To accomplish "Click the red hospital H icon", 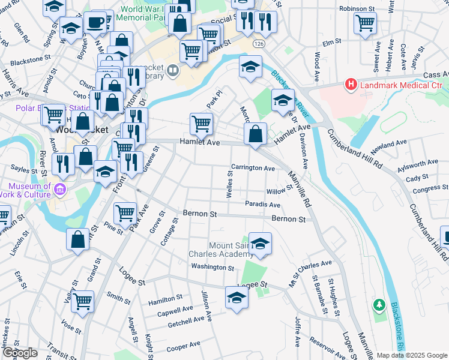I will [350, 86].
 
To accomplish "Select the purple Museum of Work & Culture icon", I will [59, 191].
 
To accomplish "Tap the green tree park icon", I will [378, 305].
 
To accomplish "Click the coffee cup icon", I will [95, 23].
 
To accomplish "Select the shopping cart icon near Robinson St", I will [365, 23].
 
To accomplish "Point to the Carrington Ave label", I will [253, 168].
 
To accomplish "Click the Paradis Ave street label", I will [263, 205].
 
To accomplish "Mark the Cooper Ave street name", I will [183, 347].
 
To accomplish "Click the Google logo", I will [20, 353].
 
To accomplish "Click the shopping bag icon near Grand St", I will [78, 240].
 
